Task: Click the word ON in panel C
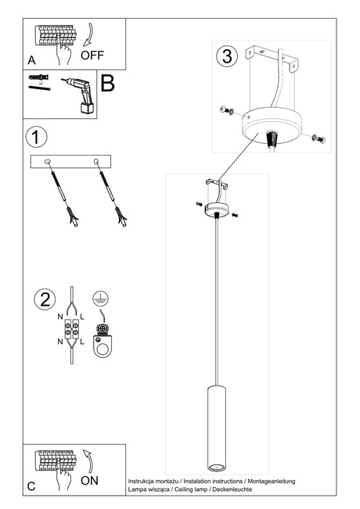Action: point(89,481)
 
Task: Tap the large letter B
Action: point(108,84)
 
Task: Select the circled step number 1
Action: point(34,137)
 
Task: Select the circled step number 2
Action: point(45,299)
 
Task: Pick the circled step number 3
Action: point(227,56)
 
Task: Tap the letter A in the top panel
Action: point(31,59)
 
